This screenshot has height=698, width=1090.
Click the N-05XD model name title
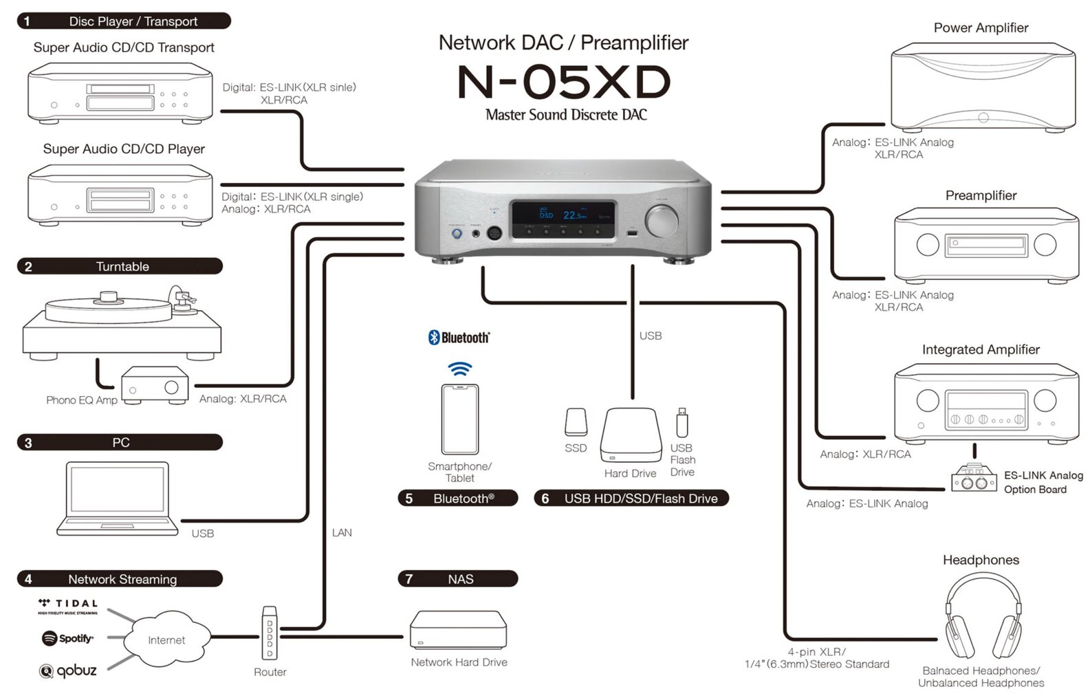coord(563,82)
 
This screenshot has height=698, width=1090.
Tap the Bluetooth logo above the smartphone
coord(459,337)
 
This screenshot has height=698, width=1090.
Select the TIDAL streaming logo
coord(68,605)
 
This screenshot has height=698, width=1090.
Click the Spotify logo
coord(67,638)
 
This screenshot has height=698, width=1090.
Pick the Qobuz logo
coord(67,670)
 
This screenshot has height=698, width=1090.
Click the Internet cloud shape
coord(166,640)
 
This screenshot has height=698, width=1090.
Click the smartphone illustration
coord(460,419)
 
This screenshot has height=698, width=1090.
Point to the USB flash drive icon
coord(682,422)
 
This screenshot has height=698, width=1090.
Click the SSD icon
coord(576,422)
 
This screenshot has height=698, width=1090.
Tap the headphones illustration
coord(983,615)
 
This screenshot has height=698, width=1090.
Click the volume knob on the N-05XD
coord(662,221)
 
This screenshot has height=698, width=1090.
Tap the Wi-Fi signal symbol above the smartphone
coord(460,369)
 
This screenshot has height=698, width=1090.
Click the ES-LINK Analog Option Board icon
coord(974,478)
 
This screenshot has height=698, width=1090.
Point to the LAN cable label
coord(342,532)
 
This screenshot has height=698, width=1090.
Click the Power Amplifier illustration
coord(983,87)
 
